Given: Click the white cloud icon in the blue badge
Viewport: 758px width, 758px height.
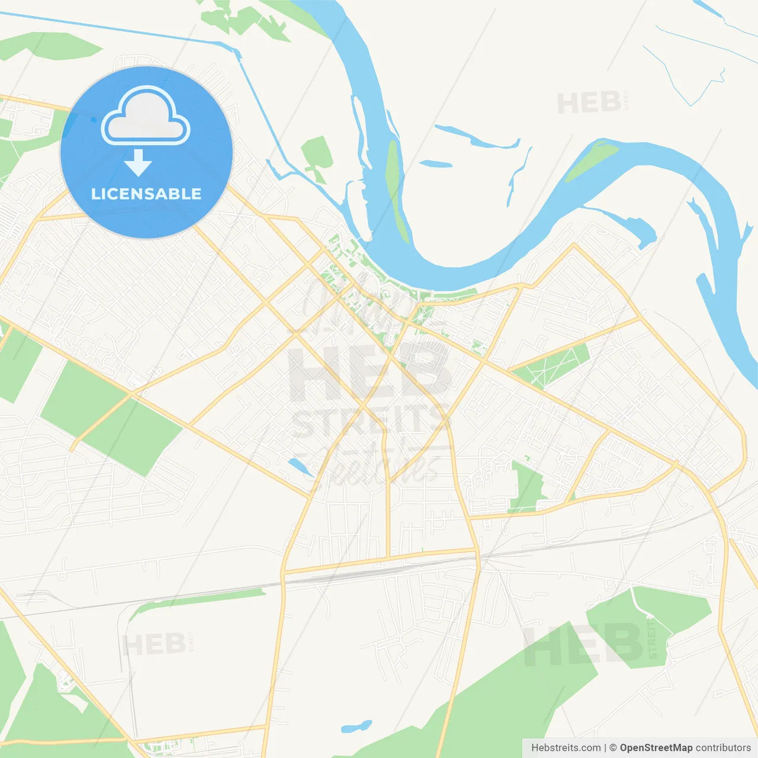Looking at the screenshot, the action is [x=146, y=117].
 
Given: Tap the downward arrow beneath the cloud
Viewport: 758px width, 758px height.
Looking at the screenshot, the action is [x=138, y=163].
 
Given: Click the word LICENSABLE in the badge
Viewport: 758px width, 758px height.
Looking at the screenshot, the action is [x=146, y=194].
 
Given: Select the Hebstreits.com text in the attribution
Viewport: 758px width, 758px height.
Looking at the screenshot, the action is [x=566, y=748].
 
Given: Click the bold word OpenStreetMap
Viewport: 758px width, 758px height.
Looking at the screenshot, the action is [x=656, y=748].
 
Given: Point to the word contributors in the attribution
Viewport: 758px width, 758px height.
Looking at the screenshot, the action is [x=723, y=748].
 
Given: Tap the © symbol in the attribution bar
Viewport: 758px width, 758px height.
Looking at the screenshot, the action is [x=613, y=748].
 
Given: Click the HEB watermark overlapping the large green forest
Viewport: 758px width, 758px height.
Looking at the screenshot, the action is [x=583, y=645].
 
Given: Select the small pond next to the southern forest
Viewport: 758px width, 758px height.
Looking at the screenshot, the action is [x=357, y=726].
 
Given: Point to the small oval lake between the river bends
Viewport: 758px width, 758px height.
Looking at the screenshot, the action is [x=436, y=164].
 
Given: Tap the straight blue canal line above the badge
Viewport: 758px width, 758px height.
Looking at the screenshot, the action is [x=118, y=28].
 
